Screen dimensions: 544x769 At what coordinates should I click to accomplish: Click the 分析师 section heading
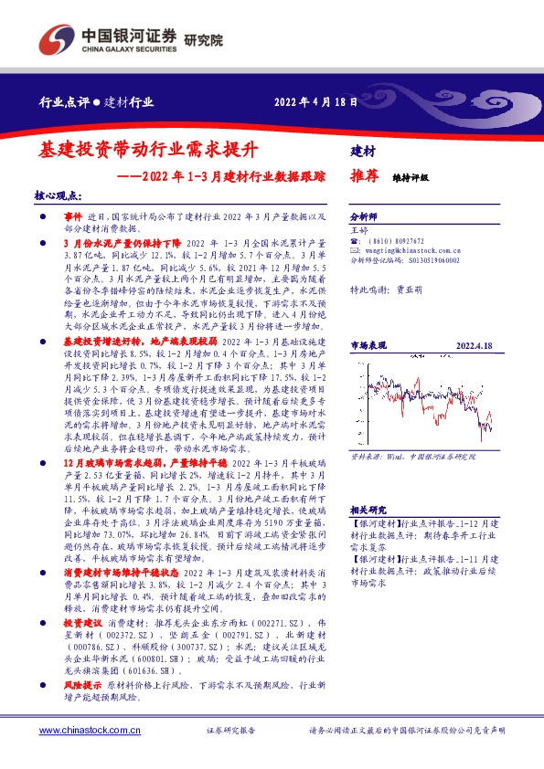click(x=365, y=218)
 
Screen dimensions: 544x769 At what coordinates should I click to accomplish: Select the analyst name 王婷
click(x=359, y=230)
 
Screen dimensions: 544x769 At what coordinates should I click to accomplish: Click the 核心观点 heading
click(x=58, y=195)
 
